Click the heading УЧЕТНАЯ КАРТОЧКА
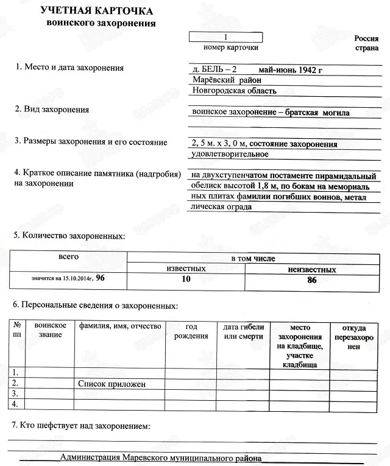96,12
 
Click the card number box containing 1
226,37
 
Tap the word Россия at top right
367,38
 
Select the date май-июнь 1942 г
290,69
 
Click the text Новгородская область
234,91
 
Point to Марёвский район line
226,80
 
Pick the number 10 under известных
186,279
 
